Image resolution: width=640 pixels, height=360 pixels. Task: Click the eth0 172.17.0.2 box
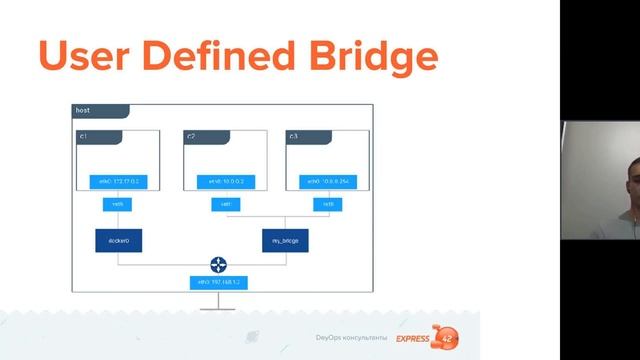pyautogui.click(x=118, y=181)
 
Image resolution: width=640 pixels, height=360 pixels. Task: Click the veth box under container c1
pyautogui.click(x=118, y=204)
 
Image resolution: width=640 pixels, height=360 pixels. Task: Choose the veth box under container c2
pyautogui.click(x=226, y=204)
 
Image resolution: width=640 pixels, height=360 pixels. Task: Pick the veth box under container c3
pyautogui.click(x=327, y=204)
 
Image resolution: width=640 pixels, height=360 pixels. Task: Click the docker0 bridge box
pyautogui.click(x=118, y=241)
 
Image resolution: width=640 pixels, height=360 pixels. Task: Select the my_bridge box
pyautogui.click(x=285, y=241)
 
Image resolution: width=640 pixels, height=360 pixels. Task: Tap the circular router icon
pyautogui.click(x=218, y=265)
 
